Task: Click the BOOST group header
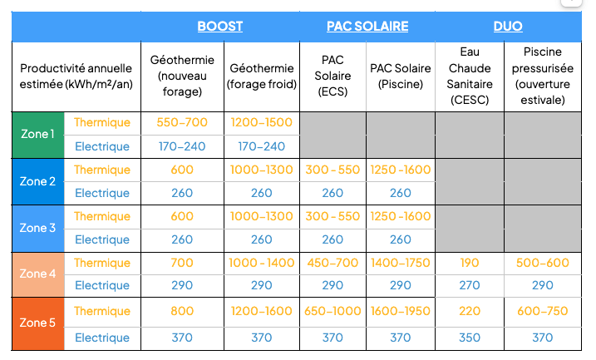click(219, 27)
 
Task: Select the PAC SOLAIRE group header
click(367, 27)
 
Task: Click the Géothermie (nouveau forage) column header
click(182, 76)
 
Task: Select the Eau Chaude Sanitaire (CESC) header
click(468, 76)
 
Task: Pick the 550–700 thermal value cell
click(182, 123)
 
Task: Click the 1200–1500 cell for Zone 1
click(261, 123)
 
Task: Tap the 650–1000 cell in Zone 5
click(332, 312)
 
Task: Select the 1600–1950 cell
click(400, 312)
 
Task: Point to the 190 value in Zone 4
click(469, 264)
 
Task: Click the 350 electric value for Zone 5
click(469, 338)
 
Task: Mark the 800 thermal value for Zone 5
click(182, 312)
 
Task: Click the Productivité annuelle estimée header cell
click(76, 76)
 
